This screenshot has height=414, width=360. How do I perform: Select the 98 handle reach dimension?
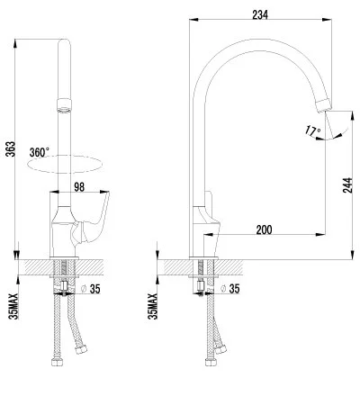pos(80,187)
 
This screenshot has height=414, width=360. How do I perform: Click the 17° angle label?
pos(312,131)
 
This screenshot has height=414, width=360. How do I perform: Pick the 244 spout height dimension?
pos(346,185)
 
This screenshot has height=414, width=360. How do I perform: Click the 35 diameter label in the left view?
pos(93,289)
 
